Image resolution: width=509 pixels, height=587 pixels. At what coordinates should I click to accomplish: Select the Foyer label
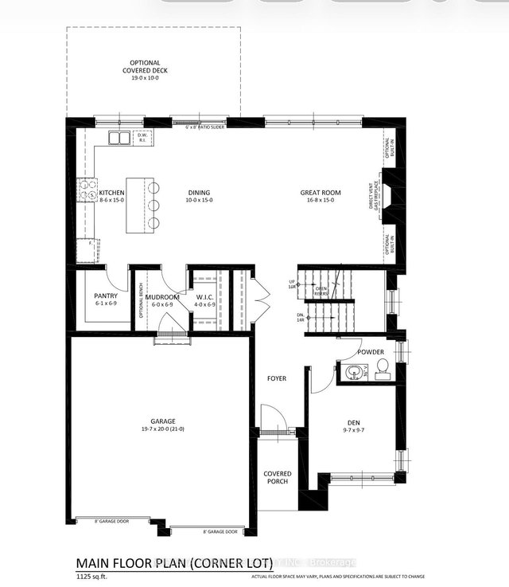[277, 379]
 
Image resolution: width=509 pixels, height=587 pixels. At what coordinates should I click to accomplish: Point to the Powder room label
[371, 351]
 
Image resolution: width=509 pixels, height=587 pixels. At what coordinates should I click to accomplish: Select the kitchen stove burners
[84, 190]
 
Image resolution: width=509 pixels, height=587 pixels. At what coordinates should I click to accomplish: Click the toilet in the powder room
[382, 367]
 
